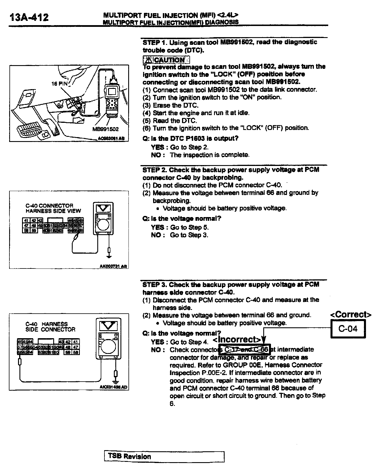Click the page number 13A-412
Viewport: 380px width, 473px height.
[29, 17]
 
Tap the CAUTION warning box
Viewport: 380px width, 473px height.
[166, 60]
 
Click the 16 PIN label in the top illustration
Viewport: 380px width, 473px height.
[59, 84]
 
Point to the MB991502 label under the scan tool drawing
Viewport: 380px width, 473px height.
[105, 129]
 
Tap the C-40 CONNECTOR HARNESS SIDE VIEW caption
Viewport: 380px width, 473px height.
[53, 208]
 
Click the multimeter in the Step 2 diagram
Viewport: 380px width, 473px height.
[103, 219]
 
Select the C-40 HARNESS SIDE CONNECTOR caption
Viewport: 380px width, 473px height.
[50, 327]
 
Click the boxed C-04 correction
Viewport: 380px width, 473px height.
[348, 329]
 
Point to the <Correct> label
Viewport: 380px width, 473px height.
[351, 314]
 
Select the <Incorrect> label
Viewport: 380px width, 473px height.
[237, 339]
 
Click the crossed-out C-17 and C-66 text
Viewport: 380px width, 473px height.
[246, 349]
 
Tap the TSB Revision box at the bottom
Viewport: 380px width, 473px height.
[164, 456]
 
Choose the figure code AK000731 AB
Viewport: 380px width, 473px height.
[113, 266]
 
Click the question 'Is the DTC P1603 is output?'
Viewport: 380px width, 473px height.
[190, 139]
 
